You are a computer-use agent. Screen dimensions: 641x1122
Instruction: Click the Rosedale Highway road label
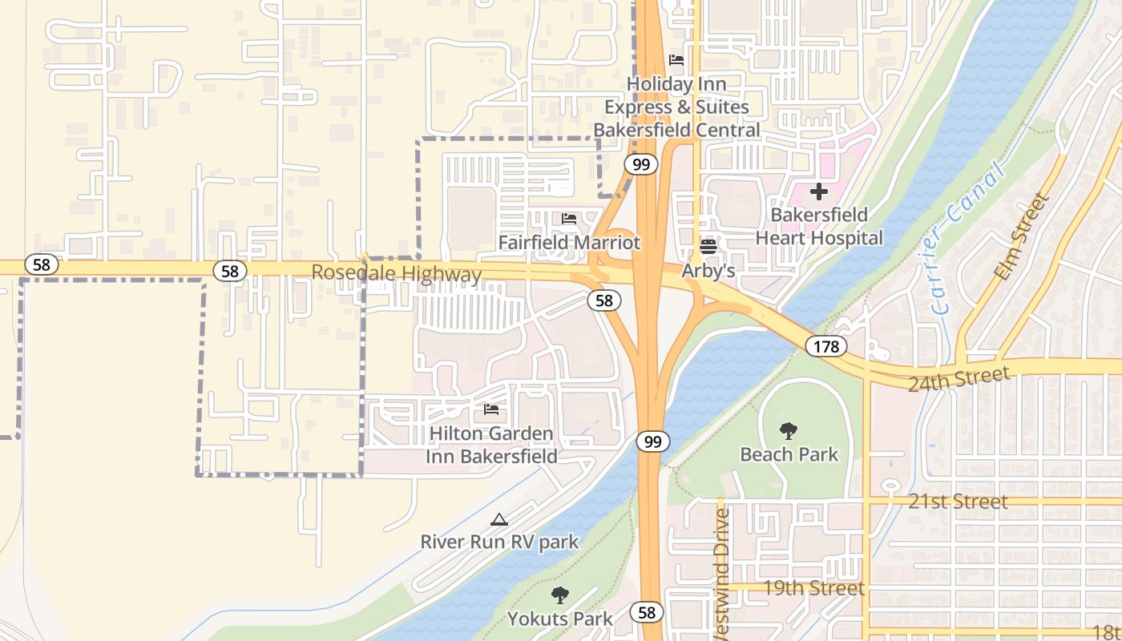(396, 273)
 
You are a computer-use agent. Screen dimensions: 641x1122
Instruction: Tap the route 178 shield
(825, 346)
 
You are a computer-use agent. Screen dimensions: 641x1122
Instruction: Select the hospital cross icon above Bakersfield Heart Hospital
(818, 191)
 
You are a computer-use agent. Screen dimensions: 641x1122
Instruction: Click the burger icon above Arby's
(708, 246)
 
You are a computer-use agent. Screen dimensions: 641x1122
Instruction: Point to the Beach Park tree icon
(789, 431)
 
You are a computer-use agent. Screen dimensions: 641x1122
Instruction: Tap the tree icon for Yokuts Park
(559, 595)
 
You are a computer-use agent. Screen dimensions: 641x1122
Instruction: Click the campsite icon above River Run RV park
(499, 519)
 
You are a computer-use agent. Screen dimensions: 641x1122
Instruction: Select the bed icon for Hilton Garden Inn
(491, 409)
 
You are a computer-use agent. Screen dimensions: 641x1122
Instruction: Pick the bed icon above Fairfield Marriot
(569, 218)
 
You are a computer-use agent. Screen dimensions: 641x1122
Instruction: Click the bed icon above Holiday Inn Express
(676, 60)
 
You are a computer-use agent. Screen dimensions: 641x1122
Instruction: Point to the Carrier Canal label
(968, 239)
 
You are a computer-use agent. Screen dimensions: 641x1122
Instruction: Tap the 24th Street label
(959, 379)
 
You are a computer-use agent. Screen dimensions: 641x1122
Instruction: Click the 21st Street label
(958, 502)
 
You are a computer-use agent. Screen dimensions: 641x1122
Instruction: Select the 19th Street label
(813, 588)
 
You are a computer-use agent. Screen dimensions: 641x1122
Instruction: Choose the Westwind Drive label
(721, 573)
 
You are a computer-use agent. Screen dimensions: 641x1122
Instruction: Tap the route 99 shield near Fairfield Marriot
(640, 165)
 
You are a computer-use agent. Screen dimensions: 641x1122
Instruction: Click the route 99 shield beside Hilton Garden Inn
(653, 441)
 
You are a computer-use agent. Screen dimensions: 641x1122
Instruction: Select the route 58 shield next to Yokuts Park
(646, 613)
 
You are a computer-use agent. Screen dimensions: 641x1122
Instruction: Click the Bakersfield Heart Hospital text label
(818, 227)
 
